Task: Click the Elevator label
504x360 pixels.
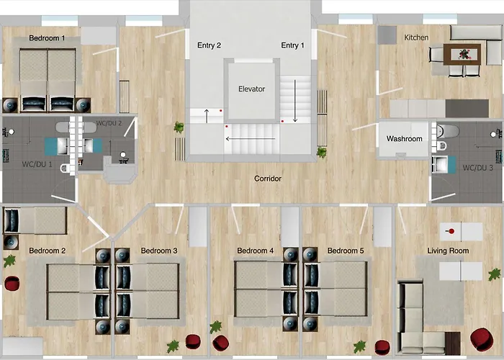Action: (251, 89)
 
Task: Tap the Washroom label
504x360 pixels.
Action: (405, 139)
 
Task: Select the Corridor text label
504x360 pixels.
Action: (268, 179)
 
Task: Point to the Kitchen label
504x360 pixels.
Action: (416, 37)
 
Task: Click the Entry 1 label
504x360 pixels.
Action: (292, 45)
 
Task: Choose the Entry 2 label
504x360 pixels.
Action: (210, 45)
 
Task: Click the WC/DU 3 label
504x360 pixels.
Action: (477, 168)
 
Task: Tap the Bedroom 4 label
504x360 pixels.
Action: (255, 251)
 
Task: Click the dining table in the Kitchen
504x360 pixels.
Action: (462, 54)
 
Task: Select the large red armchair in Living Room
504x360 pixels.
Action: (482, 339)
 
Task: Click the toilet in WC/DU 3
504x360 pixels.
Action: (447, 131)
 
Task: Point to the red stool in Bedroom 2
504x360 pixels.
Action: (12, 284)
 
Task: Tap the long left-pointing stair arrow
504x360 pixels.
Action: (251, 139)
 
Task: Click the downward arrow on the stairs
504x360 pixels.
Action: (295, 101)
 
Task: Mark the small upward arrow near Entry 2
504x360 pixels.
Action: (207, 116)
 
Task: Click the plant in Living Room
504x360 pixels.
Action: (495, 275)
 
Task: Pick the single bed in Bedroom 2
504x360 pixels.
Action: (35, 220)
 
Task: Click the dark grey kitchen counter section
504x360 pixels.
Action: (467, 108)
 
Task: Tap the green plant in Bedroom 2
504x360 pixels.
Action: (9, 261)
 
